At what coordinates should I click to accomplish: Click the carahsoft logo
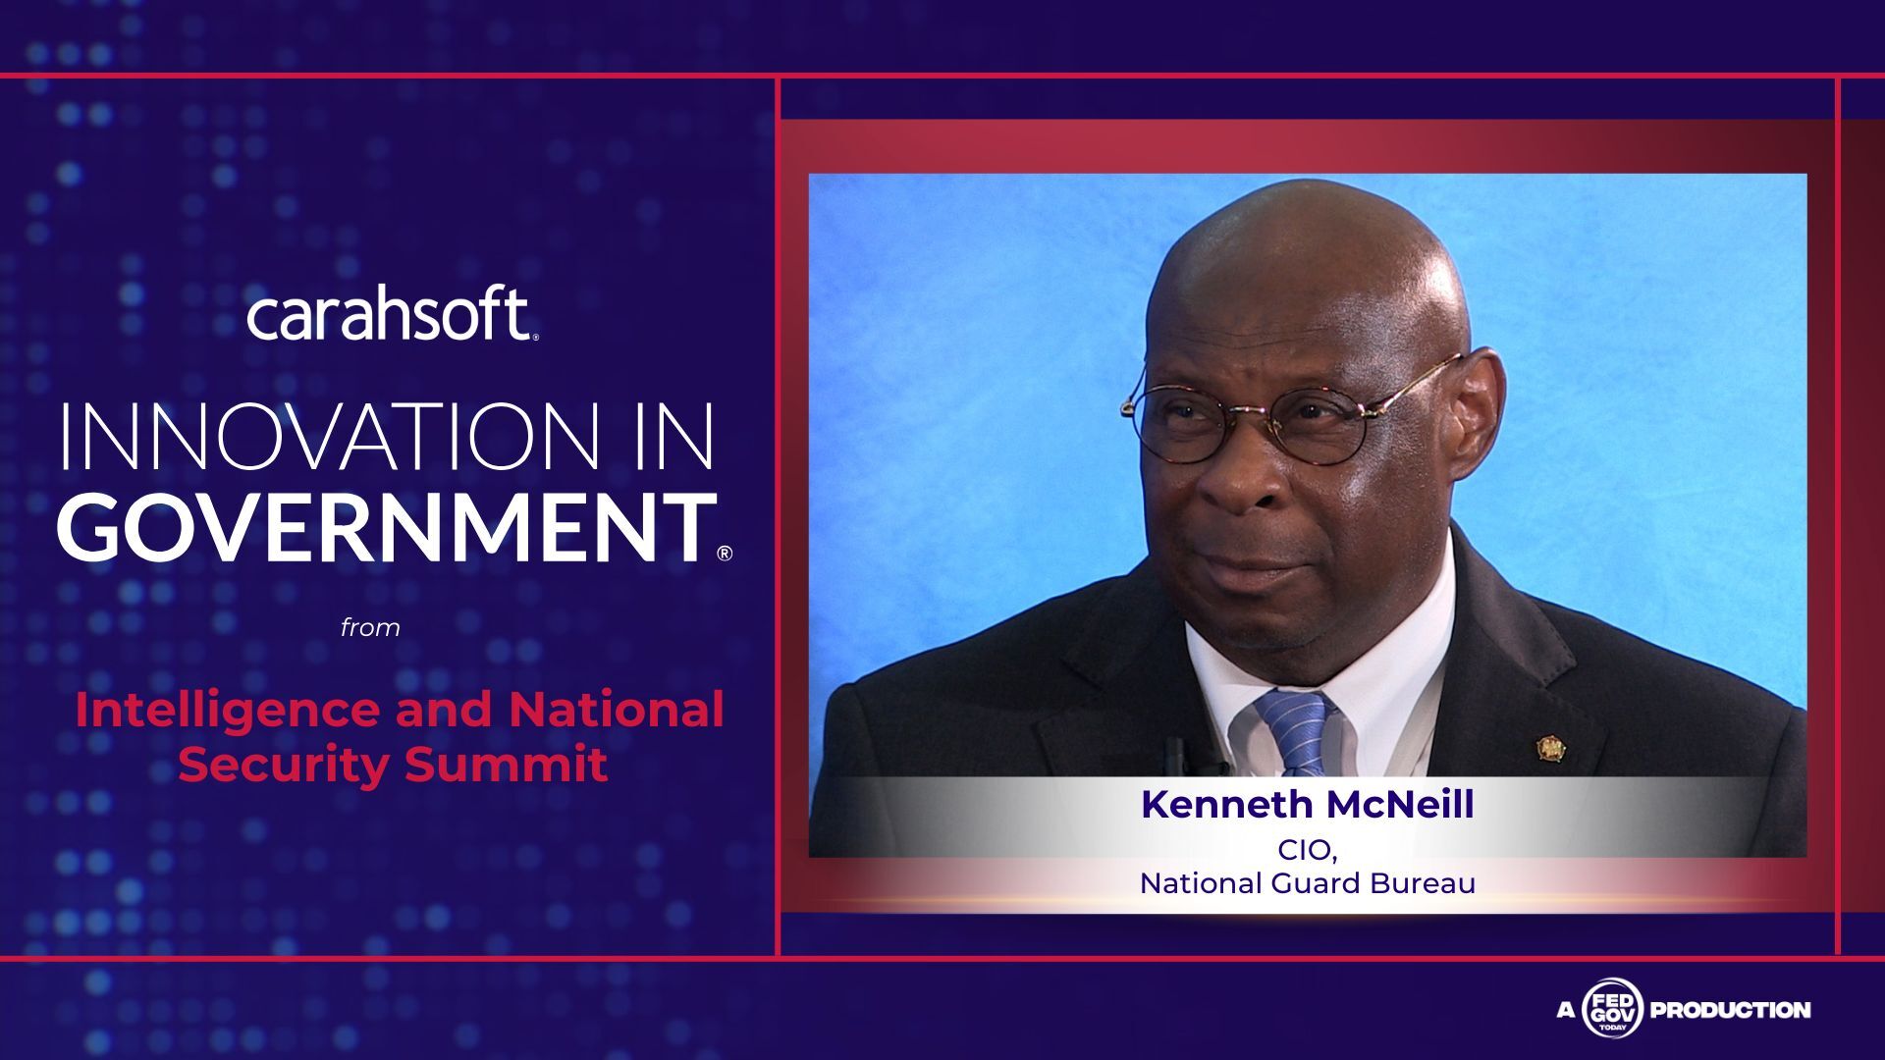[x=392, y=316]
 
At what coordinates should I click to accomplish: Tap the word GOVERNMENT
[x=387, y=527]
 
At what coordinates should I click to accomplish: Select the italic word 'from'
[x=370, y=627]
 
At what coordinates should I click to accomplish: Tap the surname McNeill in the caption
[x=1400, y=805]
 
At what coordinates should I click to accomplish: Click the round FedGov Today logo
[x=1611, y=1009]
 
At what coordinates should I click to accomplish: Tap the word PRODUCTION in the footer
[x=1731, y=1010]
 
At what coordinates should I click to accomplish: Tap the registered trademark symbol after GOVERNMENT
[x=725, y=554]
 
